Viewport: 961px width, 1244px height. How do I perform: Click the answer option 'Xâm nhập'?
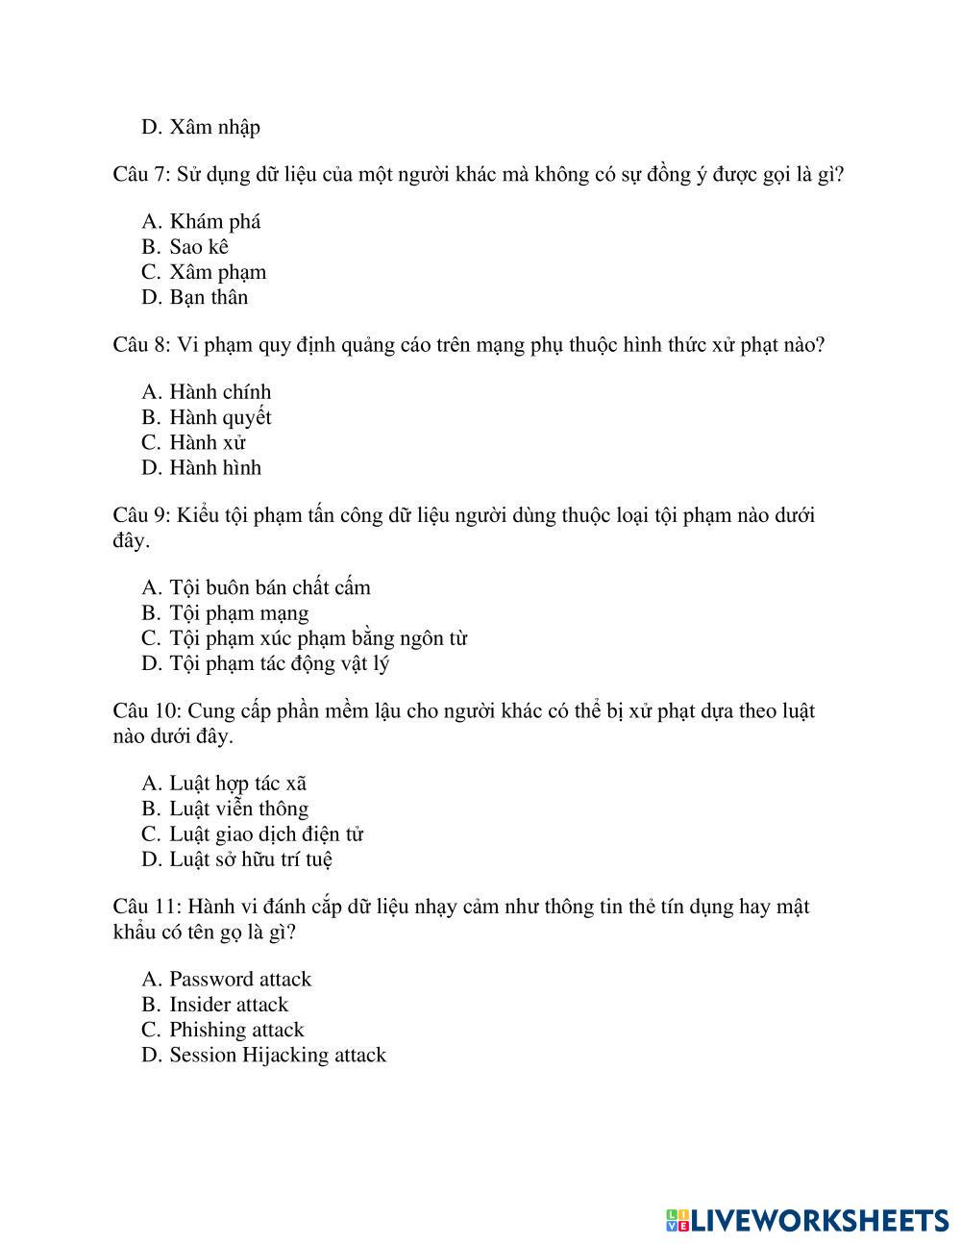pyautogui.click(x=214, y=127)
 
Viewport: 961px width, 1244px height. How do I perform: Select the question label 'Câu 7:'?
pyautogui.click(x=141, y=175)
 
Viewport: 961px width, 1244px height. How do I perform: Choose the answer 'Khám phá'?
pyautogui.click(x=214, y=222)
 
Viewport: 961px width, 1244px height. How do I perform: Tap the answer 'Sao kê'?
pyautogui.click(x=198, y=247)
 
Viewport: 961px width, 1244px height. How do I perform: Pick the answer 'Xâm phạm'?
pyautogui.click(x=217, y=272)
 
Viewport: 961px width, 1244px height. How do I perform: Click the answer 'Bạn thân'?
pyautogui.click(x=209, y=297)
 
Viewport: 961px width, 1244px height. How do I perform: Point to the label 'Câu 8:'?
pyautogui.click(x=141, y=345)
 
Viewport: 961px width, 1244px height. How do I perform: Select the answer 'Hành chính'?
pyautogui.click(x=220, y=392)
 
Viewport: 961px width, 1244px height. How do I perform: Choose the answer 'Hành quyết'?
pyautogui.click(x=220, y=417)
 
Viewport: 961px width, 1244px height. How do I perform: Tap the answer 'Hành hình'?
pyautogui.click(x=215, y=468)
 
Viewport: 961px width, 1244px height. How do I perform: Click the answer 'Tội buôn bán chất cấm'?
pyautogui.click(x=269, y=587)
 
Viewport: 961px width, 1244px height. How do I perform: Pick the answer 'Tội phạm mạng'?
pyautogui.click(x=239, y=613)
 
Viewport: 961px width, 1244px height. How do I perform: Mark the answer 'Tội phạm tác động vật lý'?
pyautogui.click(x=279, y=663)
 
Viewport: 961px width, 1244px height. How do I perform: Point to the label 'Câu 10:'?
pyautogui.click(x=146, y=711)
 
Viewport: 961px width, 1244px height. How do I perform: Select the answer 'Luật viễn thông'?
pyautogui.click(x=238, y=809)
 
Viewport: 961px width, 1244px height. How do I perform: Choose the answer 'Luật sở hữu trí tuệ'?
pyautogui.click(x=251, y=859)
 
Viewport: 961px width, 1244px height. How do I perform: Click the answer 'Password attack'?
pyautogui.click(x=240, y=980)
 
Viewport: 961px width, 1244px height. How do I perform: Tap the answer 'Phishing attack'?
pyautogui.click(x=236, y=1030)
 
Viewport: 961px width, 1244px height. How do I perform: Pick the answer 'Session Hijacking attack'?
pyautogui.click(x=278, y=1055)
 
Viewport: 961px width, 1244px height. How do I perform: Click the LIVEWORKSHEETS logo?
pyautogui.click(x=806, y=1220)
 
